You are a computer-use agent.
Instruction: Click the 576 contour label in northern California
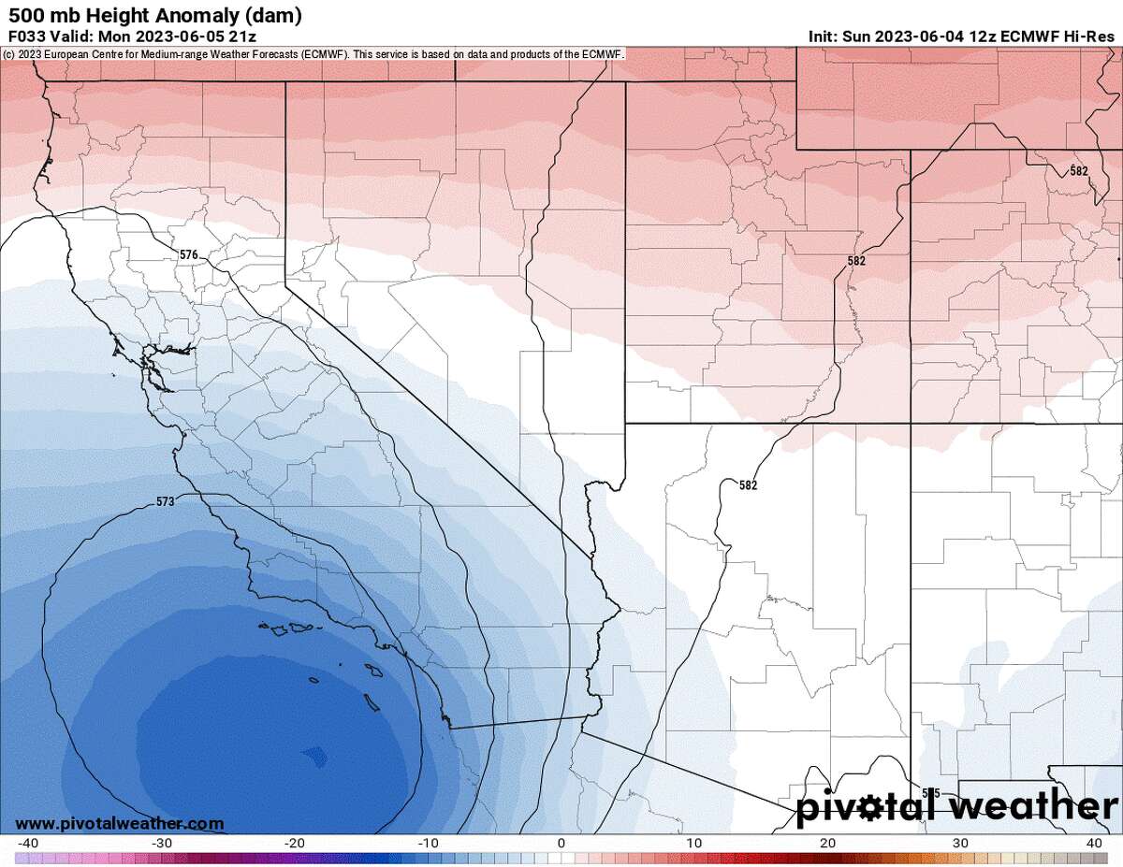tap(189, 254)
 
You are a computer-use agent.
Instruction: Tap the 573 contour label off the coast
tap(165, 502)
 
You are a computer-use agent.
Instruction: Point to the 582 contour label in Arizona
tap(748, 485)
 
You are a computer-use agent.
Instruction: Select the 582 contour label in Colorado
tap(1079, 171)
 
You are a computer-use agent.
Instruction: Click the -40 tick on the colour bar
tap(28, 844)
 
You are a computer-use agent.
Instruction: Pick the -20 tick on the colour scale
tap(295, 844)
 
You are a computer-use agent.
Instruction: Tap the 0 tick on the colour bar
tap(561, 844)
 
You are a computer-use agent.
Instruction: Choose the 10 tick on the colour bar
tap(693, 844)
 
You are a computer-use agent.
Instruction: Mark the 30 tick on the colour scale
tap(959, 844)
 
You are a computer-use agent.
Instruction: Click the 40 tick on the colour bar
tap(1092, 844)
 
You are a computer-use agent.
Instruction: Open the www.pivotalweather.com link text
tap(120, 823)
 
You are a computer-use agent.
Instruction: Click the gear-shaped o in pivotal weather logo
tap(870, 806)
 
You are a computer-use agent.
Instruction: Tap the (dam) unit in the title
tap(279, 15)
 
